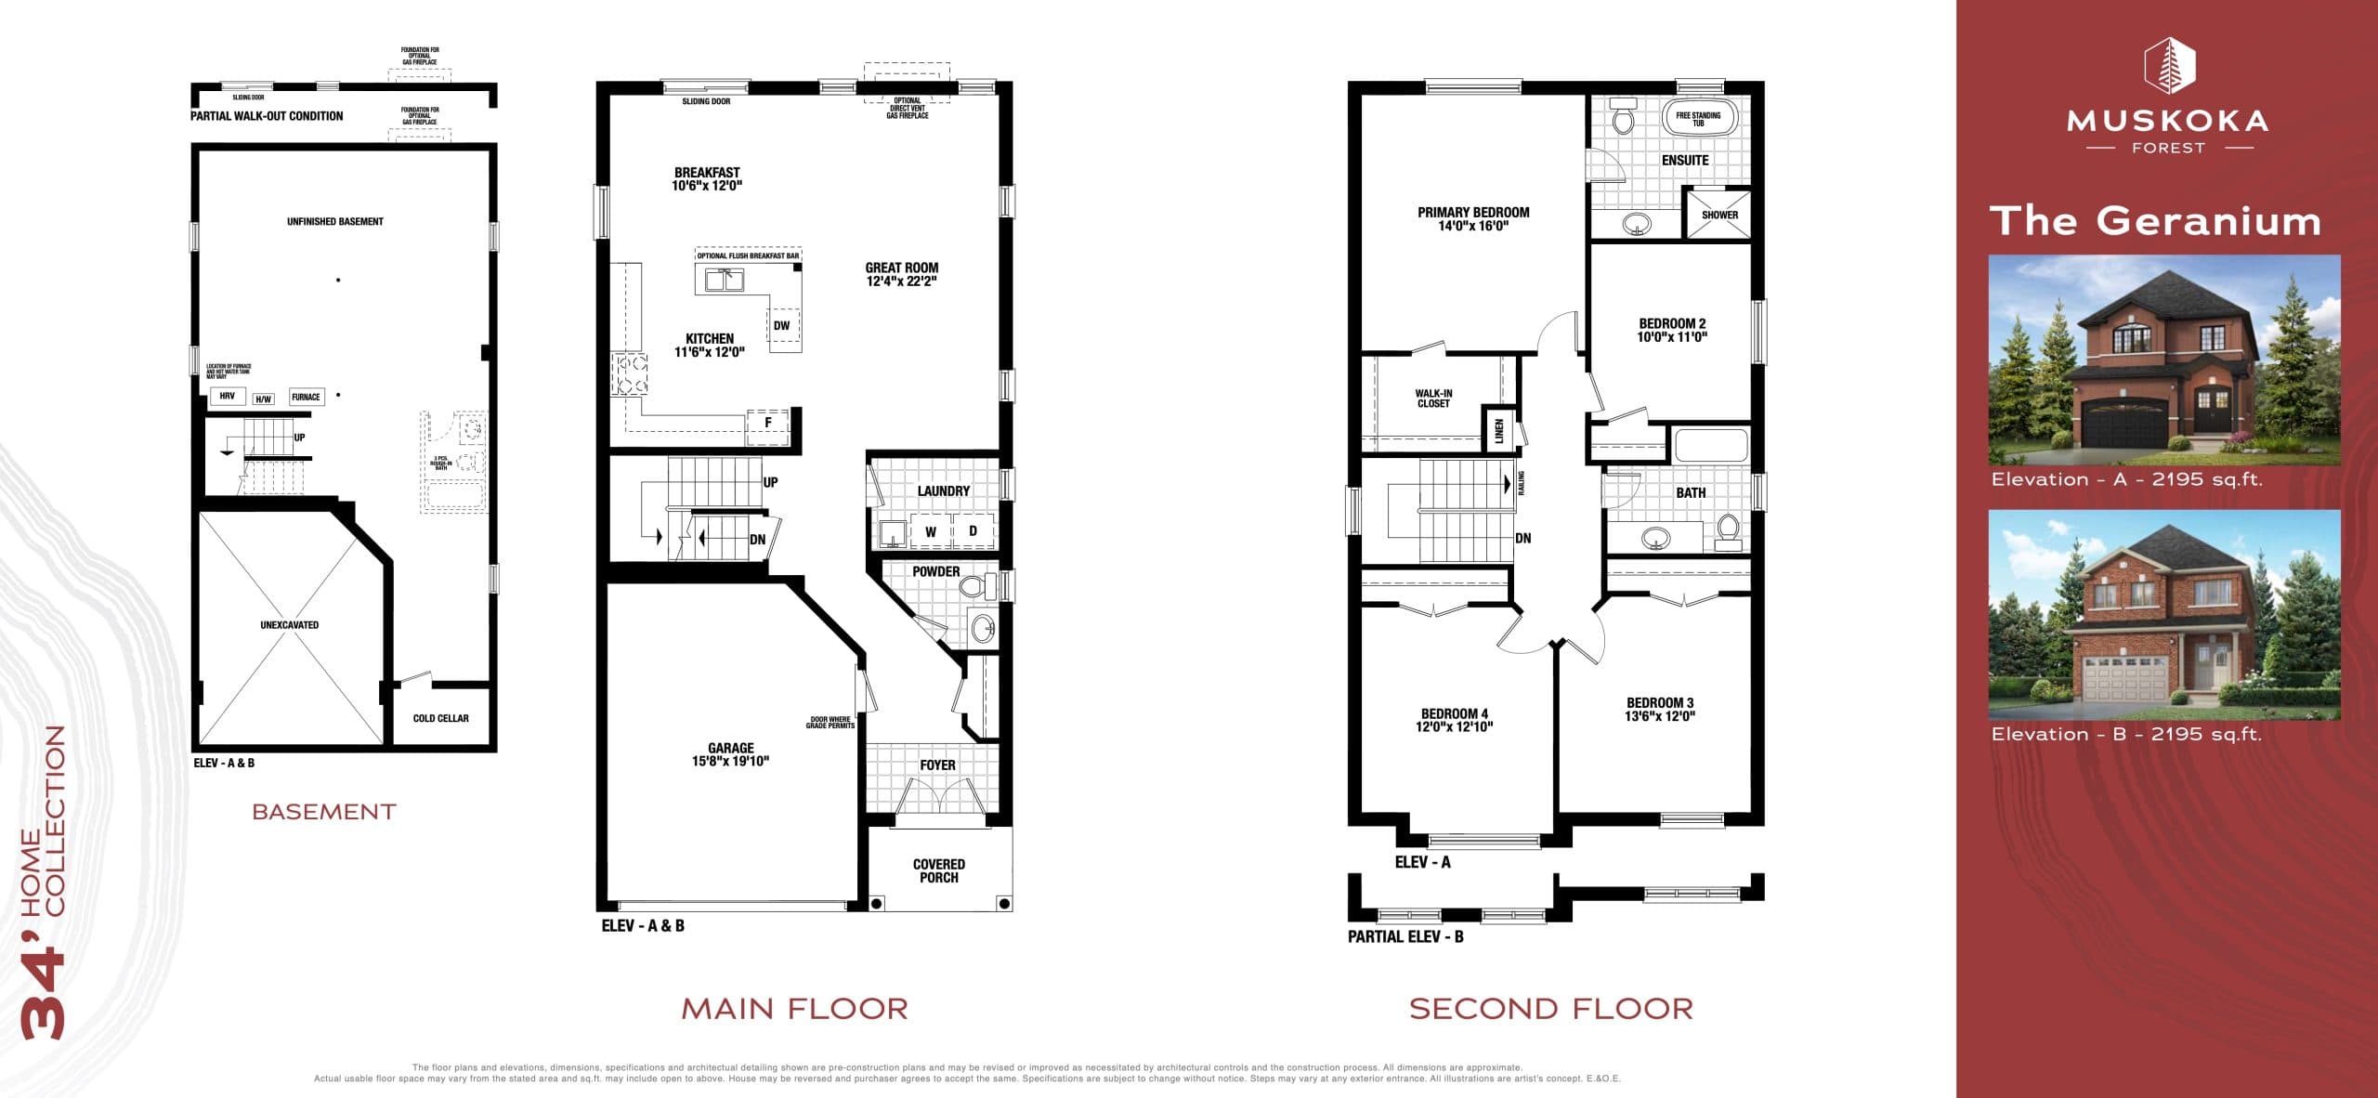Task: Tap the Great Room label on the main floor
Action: pos(901,268)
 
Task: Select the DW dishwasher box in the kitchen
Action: pos(781,326)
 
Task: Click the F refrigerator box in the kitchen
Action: pos(767,423)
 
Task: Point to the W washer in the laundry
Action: pos(930,532)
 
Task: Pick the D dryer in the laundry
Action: pos(973,531)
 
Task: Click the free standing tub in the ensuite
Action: pos(1697,120)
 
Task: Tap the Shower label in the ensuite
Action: pos(1719,215)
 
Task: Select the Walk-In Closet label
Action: pos(1433,399)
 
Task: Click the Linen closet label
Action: pos(1498,430)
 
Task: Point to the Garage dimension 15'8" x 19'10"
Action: pos(730,762)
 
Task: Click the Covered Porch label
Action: pos(938,870)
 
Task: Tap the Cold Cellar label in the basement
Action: pos(440,718)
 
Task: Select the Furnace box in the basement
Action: pos(306,397)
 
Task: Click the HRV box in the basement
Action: pos(227,396)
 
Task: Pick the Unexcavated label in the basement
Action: pos(289,625)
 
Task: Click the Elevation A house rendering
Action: pos(2163,360)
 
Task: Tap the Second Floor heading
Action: pos(1550,1009)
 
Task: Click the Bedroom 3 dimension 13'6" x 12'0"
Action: pos(1659,716)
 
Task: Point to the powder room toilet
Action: pos(973,586)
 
